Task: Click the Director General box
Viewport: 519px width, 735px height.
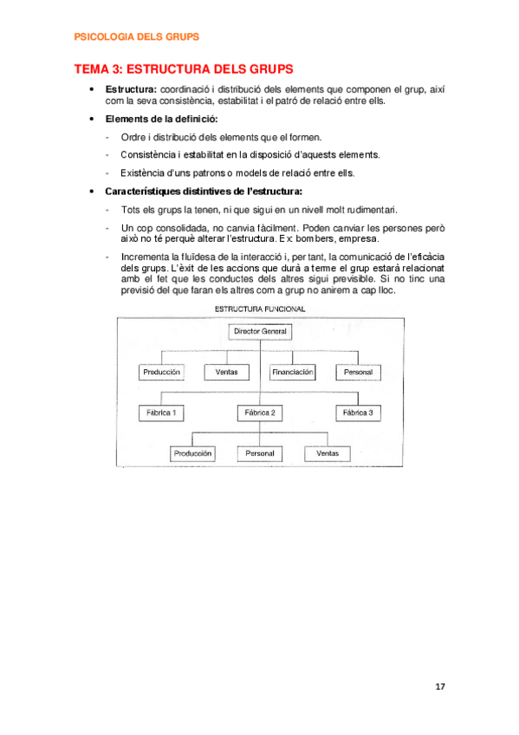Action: pos(261,331)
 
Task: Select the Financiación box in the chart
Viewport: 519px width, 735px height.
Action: pos(292,372)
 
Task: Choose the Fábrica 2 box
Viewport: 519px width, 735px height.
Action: pos(260,413)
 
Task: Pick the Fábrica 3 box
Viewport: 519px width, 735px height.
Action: pos(358,413)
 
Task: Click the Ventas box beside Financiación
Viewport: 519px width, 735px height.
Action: pos(227,372)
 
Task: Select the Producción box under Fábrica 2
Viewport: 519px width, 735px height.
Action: pos(192,453)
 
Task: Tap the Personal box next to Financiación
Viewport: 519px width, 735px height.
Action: pos(358,372)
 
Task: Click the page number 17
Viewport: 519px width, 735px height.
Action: pos(440,687)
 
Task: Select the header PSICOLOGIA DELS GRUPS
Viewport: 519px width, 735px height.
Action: pos(137,37)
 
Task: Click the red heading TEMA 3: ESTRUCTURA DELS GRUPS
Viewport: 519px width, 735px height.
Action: pos(184,68)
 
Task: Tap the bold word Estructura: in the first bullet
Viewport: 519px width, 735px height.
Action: pos(131,89)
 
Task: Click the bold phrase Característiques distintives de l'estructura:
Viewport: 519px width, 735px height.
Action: pos(204,191)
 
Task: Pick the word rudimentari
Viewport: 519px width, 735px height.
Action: pos(367,210)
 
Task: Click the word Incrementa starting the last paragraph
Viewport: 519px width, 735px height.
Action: pos(145,257)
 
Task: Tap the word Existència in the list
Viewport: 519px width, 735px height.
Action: pos(142,172)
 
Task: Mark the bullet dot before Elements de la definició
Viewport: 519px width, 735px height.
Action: pos(93,119)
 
